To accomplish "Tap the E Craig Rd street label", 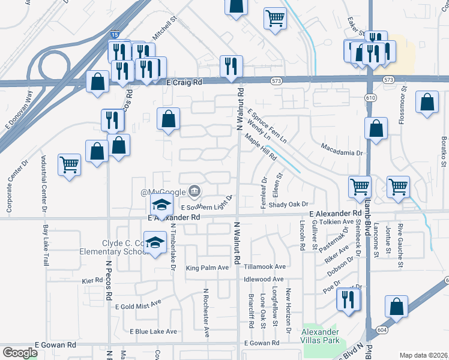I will pyautogui.click(x=185, y=82).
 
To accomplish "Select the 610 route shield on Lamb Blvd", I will pyautogui.click(x=369, y=97).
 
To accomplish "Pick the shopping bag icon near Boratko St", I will pyautogui.click(x=427, y=103).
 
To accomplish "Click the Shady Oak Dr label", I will pyautogui.click(x=288, y=204).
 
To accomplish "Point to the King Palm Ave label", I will pyautogui.click(x=207, y=268).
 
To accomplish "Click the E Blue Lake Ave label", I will pyautogui.click(x=153, y=331).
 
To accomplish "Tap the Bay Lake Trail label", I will pyautogui.click(x=46, y=246).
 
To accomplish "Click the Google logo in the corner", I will pyautogui.click(x=20, y=353).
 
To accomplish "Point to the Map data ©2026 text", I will pyautogui.click(x=424, y=355).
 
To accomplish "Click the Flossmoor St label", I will pyautogui.click(x=403, y=104).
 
